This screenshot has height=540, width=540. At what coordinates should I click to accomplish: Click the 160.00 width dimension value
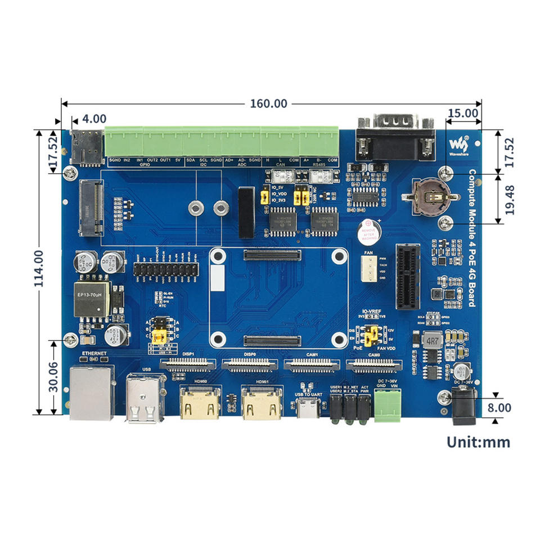[268, 103]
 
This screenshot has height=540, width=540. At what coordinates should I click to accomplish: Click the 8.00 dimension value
[499, 407]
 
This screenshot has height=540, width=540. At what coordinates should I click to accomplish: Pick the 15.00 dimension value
[462, 112]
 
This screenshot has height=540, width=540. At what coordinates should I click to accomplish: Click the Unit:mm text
[478, 442]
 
